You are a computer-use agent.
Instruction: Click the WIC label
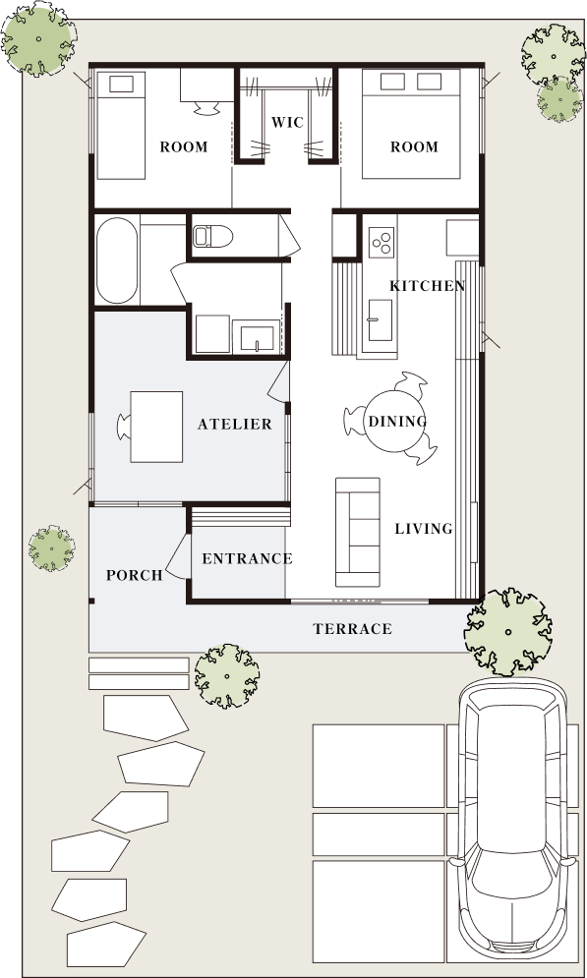pyautogui.click(x=287, y=122)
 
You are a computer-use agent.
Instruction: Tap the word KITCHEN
pyautogui.click(x=428, y=286)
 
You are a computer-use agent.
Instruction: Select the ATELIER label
pyautogui.click(x=235, y=425)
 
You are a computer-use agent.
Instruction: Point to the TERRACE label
pyautogui.click(x=352, y=629)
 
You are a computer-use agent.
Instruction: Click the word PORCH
pyautogui.click(x=134, y=575)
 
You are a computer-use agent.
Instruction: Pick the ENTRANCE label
pyautogui.click(x=247, y=558)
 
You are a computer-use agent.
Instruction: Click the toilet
pyautogui.click(x=212, y=237)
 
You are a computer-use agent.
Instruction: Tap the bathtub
pyautogui.click(x=117, y=260)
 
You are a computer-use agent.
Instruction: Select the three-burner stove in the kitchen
pyautogui.click(x=382, y=242)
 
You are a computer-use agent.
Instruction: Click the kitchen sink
pyautogui.click(x=380, y=320)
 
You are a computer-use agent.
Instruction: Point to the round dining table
pyautogui.click(x=395, y=422)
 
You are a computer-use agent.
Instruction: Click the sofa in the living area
pyautogui.click(x=358, y=532)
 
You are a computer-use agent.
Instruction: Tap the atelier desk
pyautogui.click(x=156, y=427)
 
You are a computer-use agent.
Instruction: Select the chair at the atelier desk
pyautogui.click(x=124, y=427)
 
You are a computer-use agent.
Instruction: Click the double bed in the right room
pyautogui.click(x=411, y=124)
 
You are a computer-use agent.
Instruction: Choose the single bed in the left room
pyautogui.click(x=121, y=126)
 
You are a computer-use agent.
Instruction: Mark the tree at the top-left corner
pyautogui.click(x=38, y=38)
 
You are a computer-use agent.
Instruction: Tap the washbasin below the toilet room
pyautogui.click(x=257, y=337)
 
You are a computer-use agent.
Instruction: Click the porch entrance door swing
pyautogui.click(x=178, y=555)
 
